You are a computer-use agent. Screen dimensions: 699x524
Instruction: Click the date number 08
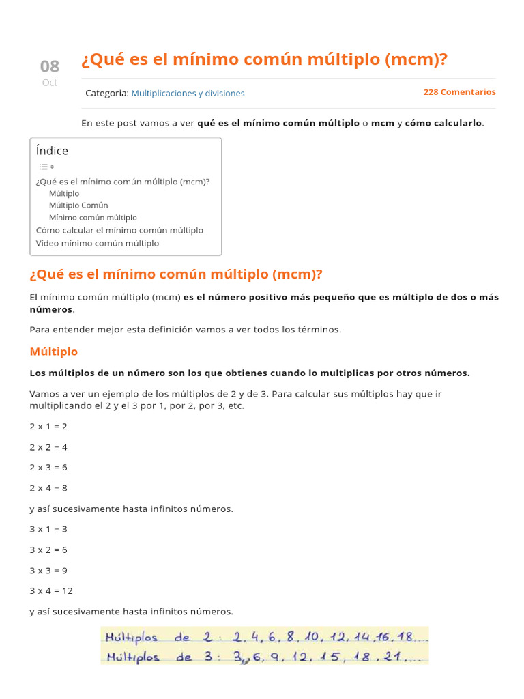[x=50, y=66]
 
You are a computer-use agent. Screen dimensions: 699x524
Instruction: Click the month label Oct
[x=50, y=83]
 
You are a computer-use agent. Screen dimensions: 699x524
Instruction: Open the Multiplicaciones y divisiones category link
[x=188, y=93]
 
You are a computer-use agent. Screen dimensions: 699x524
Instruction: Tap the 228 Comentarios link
[x=459, y=92]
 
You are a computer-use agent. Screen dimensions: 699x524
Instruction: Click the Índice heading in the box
[x=53, y=151]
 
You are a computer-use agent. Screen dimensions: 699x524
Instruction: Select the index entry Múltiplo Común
[x=78, y=205]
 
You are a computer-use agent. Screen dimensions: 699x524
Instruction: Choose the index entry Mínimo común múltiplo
[x=93, y=218]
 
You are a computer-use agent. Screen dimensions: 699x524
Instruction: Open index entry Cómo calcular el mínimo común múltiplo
[x=119, y=231]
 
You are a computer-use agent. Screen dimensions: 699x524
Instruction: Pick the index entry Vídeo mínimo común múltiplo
[x=98, y=244]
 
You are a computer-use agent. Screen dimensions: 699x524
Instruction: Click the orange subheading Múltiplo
[x=54, y=352]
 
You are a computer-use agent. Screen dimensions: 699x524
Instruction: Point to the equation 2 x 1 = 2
[x=48, y=427]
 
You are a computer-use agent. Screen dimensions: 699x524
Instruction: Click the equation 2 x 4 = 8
[x=48, y=488]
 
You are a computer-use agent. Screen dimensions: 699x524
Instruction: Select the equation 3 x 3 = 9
[x=48, y=570]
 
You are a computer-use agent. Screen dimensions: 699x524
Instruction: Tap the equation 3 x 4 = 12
[x=51, y=590]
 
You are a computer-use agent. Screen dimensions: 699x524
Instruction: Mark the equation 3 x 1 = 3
[x=48, y=529]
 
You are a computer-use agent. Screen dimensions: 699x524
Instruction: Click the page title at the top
[x=265, y=60]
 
